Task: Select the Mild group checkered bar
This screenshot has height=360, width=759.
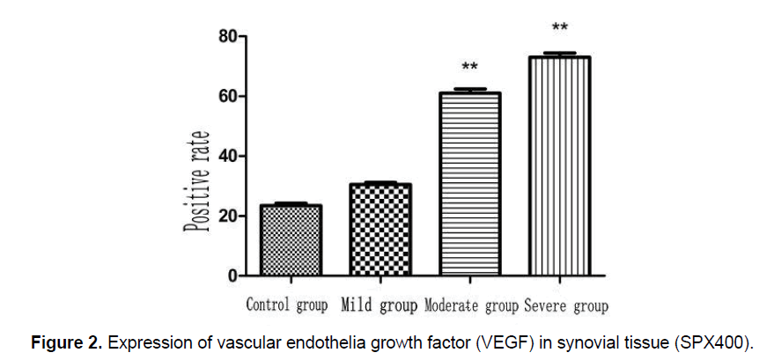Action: click(380, 230)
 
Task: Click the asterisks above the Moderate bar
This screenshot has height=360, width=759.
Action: click(469, 68)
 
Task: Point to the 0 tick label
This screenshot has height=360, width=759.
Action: click(231, 276)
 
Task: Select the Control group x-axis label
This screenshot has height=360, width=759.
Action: click(287, 306)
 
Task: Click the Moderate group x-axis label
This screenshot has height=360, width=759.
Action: click(472, 306)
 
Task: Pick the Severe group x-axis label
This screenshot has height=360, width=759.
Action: click(565, 306)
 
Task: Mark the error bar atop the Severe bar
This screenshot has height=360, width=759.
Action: click(559, 54)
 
